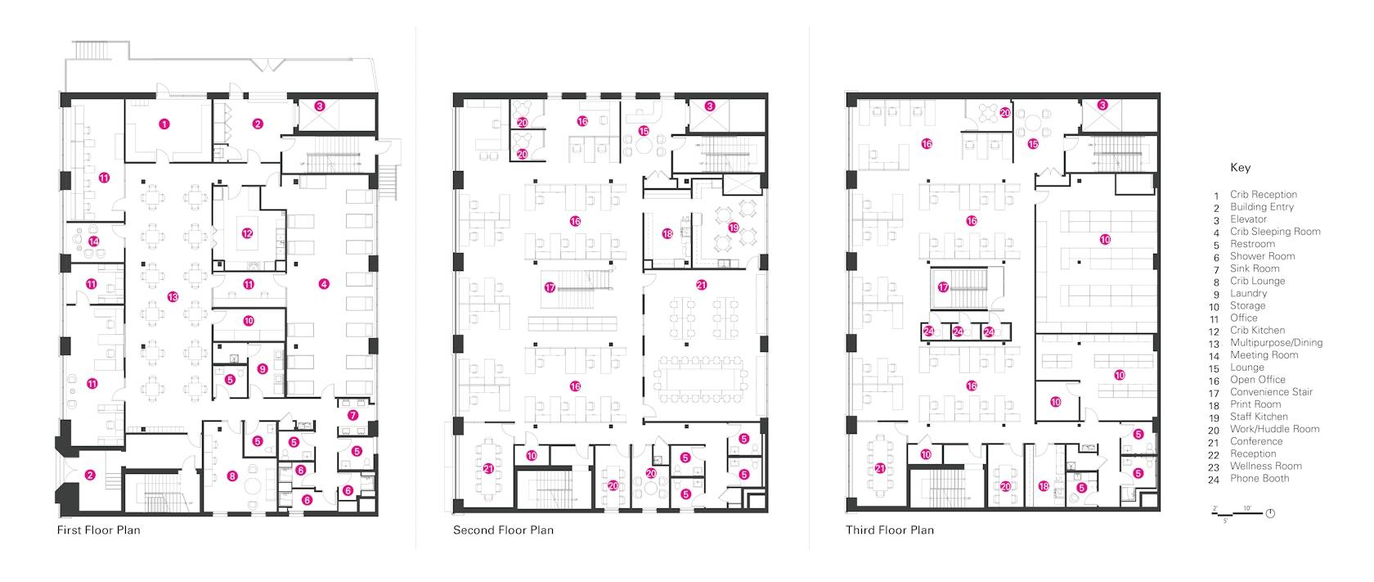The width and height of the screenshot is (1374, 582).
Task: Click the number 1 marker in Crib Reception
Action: [164, 124]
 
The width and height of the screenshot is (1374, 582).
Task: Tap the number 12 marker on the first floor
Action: [247, 233]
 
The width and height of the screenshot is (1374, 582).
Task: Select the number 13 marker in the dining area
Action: [173, 297]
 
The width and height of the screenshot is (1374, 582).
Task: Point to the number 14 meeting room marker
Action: [94, 241]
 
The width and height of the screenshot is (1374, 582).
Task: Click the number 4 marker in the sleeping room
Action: [324, 283]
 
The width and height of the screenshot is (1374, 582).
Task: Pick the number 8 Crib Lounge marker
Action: [232, 476]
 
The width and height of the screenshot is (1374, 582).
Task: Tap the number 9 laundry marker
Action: [263, 369]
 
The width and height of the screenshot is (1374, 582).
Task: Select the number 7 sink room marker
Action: [352, 416]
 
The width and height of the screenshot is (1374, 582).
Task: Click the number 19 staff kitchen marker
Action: [734, 228]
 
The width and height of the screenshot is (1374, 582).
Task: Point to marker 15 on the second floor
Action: [644, 131]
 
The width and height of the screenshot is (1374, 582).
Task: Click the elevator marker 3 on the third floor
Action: [1102, 105]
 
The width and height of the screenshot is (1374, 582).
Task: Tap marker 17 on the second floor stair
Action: [550, 287]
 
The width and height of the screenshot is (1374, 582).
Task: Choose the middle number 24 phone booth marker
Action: [959, 332]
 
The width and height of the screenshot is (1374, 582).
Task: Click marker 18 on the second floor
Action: [667, 233]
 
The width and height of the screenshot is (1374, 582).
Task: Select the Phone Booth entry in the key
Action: [1259, 478]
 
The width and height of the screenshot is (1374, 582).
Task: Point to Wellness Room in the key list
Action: [1266, 466]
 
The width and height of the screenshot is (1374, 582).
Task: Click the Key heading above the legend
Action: [1240, 168]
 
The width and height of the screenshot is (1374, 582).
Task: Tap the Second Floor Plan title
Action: [503, 530]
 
